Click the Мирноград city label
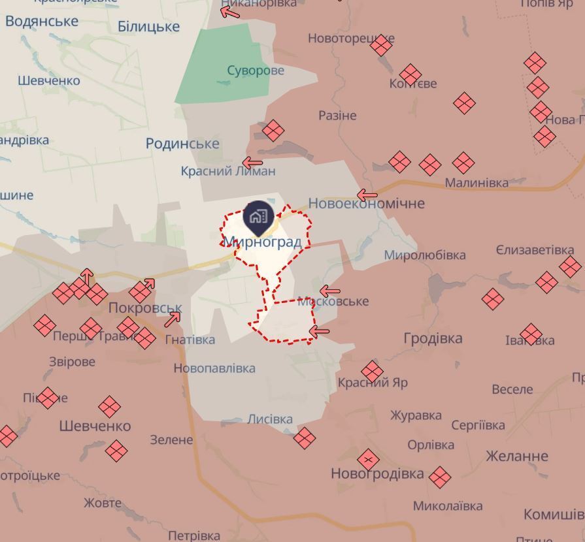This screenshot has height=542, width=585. tap(262, 242)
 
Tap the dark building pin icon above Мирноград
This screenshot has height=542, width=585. tap(258, 217)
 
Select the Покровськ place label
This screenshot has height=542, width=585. tap(145, 308)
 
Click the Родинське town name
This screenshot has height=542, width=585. tap(182, 144)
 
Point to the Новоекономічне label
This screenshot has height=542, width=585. tap(366, 203)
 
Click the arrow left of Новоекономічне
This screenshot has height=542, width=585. tap(367, 195)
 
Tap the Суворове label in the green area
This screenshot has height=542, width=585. tap(256, 71)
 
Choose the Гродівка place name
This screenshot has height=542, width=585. tap(433, 338)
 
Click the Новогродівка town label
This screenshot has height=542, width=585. tap(377, 473)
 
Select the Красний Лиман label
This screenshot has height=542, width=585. tap(228, 171)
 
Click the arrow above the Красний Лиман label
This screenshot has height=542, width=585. tap(252, 163)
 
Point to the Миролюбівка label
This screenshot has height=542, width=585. tap(425, 255)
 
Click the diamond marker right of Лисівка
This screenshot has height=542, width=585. tap(304, 438)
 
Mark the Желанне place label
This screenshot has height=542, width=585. tap(516, 456)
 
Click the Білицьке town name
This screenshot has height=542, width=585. tap(148, 27)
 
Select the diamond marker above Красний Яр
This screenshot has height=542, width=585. tap(372, 372)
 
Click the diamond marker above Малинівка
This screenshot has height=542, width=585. tap(463, 163)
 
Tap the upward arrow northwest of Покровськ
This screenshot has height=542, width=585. tap(87, 276)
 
